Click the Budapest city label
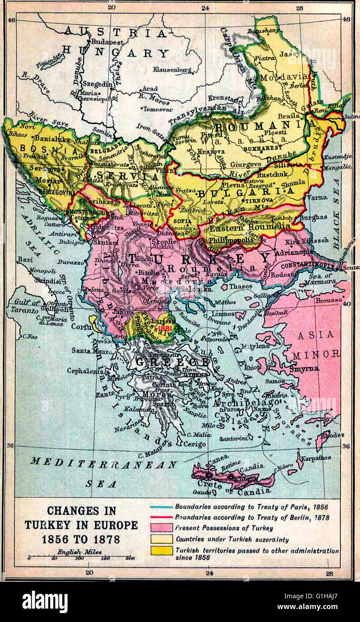coord(107,41)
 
